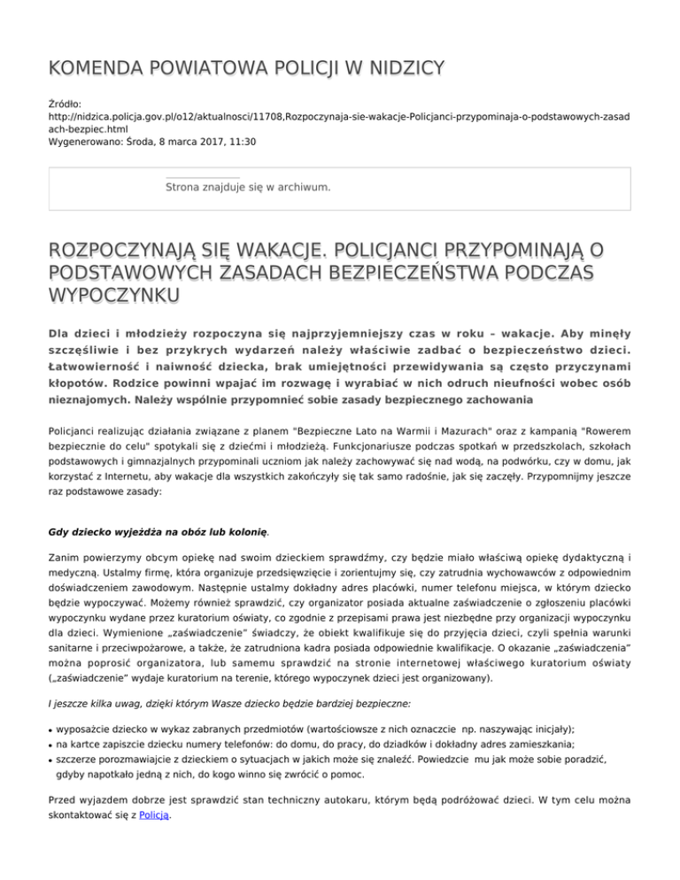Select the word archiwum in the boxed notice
[305, 187]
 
